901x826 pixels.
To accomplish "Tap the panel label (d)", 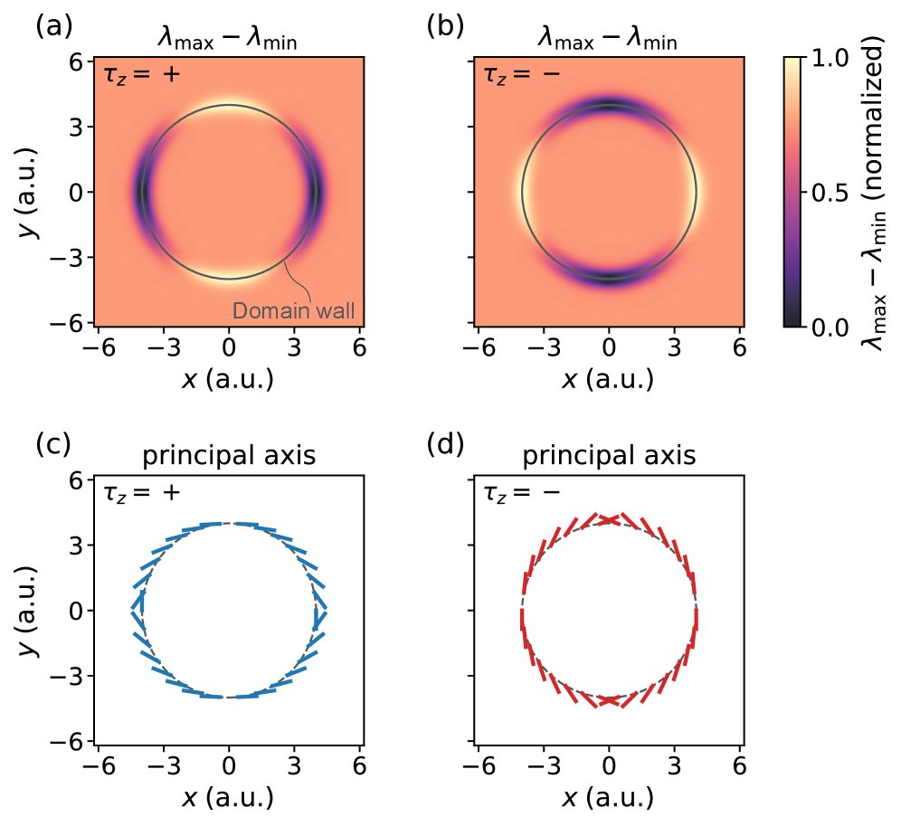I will click(x=444, y=445).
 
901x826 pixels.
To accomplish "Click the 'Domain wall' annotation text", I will click(x=293, y=310).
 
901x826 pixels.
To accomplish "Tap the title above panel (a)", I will click(x=229, y=37).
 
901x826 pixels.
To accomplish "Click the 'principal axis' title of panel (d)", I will click(x=609, y=455).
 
